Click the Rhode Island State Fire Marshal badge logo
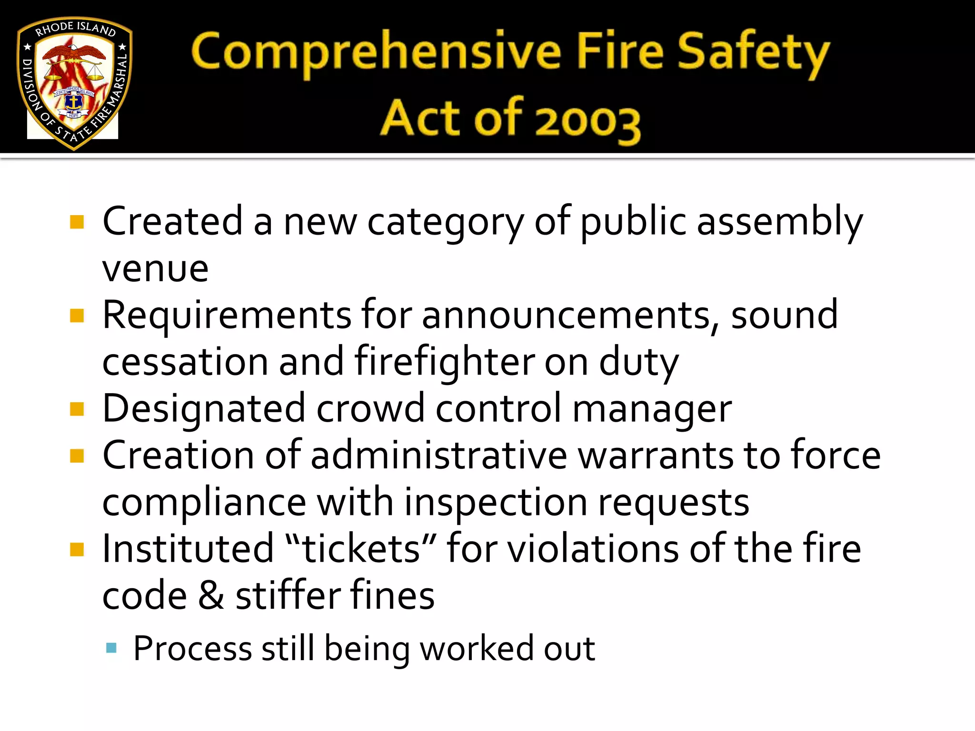(74, 82)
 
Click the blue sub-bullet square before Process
(111, 648)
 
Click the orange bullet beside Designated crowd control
(77, 409)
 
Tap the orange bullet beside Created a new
(77, 222)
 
